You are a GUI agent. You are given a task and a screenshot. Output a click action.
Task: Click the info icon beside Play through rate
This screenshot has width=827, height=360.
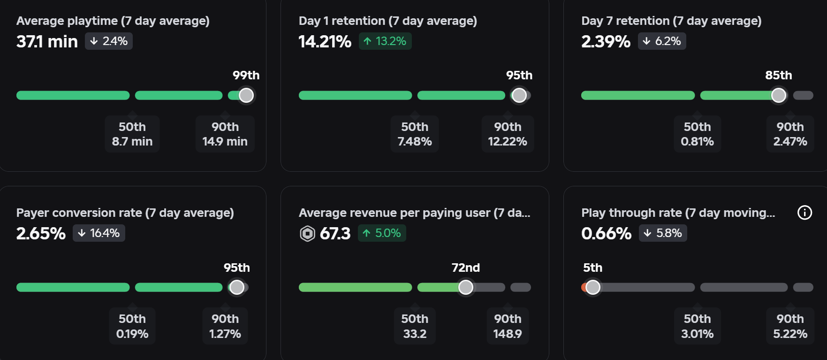pyautogui.click(x=804, y=213)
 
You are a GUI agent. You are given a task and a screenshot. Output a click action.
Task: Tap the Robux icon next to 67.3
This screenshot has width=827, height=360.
pyautogui.click(x=307, y=233)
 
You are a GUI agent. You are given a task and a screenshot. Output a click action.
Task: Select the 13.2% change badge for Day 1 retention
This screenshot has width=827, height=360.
pyautogui.click(x=385, y=41)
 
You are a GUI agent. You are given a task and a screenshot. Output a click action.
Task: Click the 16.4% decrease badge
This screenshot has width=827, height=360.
pyautogui.click(x=99, y=233)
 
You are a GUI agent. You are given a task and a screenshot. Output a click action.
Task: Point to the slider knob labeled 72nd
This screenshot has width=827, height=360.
pyautogui.click(x=466, y=287)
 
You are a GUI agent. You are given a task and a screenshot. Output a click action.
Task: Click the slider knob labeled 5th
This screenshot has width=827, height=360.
pyautogui.click(x=593, y=287)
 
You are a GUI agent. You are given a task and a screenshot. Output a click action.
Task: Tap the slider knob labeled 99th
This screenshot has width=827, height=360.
pyautogui.click(x=246, y=95)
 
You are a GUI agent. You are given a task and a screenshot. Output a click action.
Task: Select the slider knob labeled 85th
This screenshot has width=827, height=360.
pyautogui.click(x=779, y=95)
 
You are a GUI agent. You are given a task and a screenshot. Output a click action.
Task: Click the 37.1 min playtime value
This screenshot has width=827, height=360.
pyautogui.click(x=47, y=42)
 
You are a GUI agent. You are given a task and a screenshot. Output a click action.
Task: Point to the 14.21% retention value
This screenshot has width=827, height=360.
pyautogui.click(x=325, y=42)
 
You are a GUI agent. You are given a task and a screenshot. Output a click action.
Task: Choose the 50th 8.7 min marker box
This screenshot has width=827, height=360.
pyautogui.click(x=132, y=134)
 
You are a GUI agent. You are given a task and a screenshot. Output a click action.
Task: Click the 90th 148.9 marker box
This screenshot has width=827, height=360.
pyautogui.click(x=508, y=326)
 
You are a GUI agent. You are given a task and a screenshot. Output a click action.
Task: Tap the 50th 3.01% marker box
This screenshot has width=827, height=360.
pyautogui.click(x=698, y=326)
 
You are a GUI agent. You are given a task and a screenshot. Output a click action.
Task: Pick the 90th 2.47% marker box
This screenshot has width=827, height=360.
pyautogui.click(x=790, y=134)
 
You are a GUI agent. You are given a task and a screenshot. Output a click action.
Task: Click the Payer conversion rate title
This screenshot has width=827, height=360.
pyautogui.click(x=125, y=213)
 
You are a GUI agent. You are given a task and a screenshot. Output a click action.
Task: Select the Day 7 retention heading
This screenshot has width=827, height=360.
pyautogui.click(x=671, y=21)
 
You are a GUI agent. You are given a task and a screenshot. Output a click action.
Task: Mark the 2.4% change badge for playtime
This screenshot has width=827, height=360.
pyautogui.click(x=109, y=41)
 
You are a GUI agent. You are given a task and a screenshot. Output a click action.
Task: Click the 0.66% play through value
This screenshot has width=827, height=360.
pyautogui.click(x=607, y=234)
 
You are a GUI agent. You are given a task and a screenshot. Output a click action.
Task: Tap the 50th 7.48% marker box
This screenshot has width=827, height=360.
pyautogui.click(x=415, y=134)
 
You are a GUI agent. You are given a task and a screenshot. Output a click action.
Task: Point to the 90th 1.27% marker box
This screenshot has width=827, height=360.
pyautogui.click(x=225, y=326)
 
